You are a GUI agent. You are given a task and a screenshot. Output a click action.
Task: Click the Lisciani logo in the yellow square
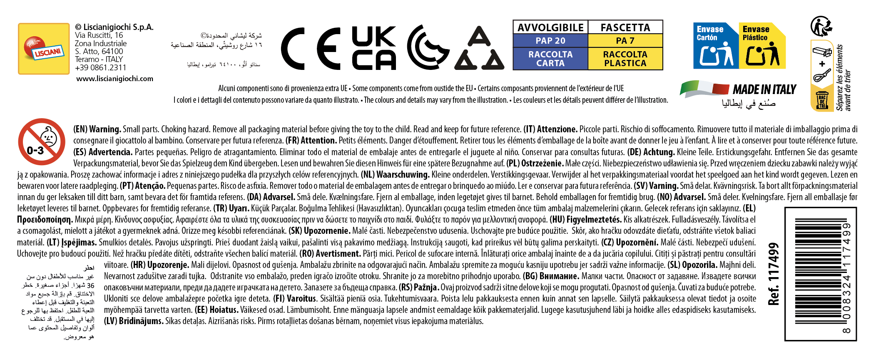(x=44, y=49)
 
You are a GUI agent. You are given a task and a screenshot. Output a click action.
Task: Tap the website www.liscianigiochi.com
(x=114, y=79)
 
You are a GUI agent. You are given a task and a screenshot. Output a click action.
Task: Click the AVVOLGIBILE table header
(x=550, y=27)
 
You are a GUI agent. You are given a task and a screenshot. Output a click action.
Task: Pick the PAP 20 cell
(x=550, y=41)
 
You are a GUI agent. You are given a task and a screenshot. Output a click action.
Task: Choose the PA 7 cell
(x=625, y=41)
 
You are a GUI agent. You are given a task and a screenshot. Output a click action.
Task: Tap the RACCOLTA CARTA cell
(x=550, y=59)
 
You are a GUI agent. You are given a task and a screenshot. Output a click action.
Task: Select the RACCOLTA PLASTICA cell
(x=625, y=59)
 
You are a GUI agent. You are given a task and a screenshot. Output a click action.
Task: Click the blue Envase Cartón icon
(x=715, y=46)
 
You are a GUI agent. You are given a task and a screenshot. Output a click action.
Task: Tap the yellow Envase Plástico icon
(x=762, y=46)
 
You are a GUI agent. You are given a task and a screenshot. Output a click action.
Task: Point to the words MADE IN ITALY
(x=764, y=89)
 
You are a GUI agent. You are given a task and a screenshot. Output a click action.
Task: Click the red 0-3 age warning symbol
(x=41, y=142)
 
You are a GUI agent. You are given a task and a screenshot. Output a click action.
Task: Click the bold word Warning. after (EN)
(x=105, y=129)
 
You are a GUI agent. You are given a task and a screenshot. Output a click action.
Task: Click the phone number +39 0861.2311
(x=100, y=67)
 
